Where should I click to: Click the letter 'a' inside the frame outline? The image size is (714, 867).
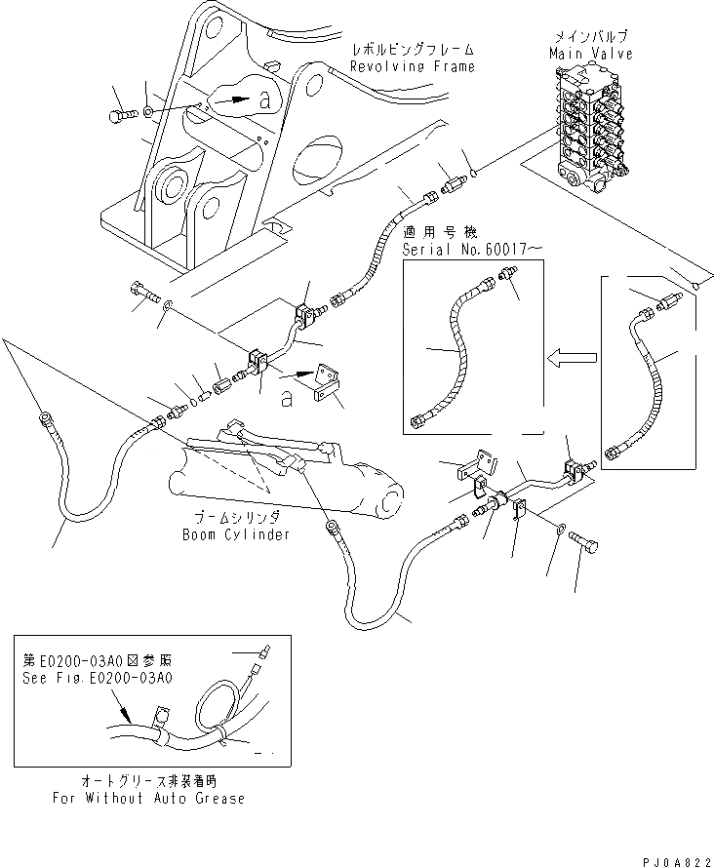[x=265, y=99]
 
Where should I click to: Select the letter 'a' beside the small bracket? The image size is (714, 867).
[x=286, y=398]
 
